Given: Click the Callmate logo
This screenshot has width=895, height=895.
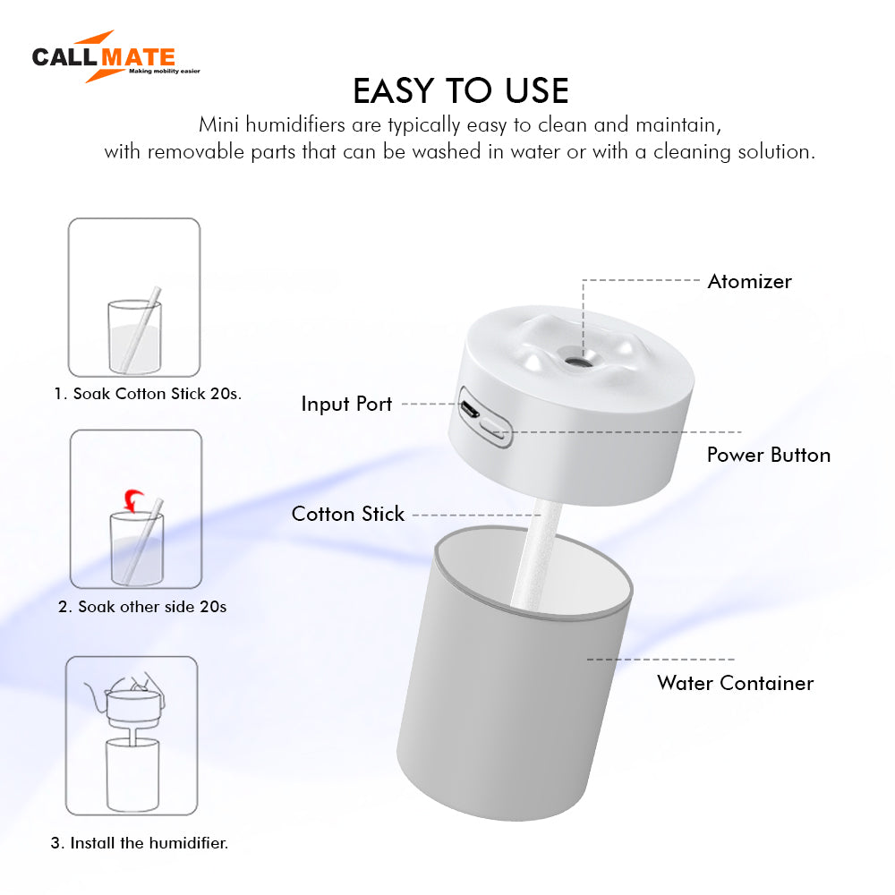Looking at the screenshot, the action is [115, 56].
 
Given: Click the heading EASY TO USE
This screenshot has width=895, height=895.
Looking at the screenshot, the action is [461, 90].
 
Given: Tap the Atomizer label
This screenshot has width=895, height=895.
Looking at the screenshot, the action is [749, 281].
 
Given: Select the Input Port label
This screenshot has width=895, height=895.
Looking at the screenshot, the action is [346, 405].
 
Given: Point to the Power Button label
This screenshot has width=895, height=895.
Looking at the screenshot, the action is [768, 455].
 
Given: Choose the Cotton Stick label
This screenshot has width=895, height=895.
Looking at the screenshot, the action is [347, 514].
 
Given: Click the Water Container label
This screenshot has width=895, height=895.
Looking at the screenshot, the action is [735, 683].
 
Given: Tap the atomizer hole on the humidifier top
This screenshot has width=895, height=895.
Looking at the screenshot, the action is [577, 361].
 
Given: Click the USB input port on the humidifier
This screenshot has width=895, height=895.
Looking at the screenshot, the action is [469, 409].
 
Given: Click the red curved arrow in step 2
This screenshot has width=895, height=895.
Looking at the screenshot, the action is [134, 500].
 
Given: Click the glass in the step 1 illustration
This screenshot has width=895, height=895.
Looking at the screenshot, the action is [135, 337].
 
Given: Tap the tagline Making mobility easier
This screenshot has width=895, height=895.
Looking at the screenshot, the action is [165, 72].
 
